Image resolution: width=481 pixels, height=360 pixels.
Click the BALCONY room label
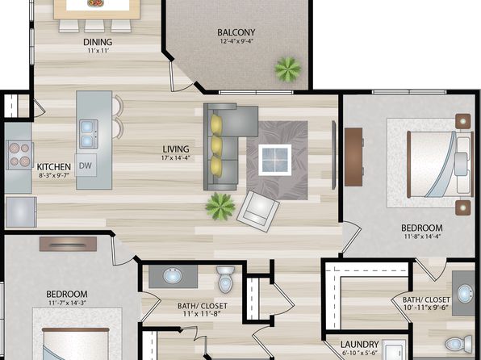coord(236,32)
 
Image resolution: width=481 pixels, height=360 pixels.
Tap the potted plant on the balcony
coord(288,69)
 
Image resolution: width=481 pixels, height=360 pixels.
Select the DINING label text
coord(98,42)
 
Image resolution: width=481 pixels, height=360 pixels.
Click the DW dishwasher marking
coord(86,165)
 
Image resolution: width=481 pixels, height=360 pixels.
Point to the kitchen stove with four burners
coord(20,155)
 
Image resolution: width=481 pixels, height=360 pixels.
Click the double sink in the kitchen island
coord(89,134)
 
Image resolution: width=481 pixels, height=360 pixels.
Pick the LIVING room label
coord(176,149)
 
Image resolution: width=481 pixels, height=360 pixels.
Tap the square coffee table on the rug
coord(275,160)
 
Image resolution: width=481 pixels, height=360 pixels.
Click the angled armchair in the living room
coord(258,211)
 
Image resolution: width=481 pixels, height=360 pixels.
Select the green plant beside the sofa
coord(220,207)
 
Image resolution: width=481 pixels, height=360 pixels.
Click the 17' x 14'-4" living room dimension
coord(176,158)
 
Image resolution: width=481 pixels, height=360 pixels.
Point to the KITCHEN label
coord(54,167)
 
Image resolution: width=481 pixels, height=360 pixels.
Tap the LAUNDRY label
coord(359,345)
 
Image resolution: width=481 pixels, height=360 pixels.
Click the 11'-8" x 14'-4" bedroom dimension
coord(422,237)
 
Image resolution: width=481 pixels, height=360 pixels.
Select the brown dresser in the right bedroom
coord(353,157)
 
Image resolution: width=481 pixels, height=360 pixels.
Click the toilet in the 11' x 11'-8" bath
coord(225,279)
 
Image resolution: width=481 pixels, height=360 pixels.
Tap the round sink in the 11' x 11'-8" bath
coord(173,276)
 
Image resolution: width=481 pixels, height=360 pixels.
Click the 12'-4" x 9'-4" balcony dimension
coord(236,41)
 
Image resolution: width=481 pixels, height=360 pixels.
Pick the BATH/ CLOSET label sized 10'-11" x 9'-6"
coord(426,299)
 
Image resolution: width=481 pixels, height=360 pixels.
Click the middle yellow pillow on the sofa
coord(216,146)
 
